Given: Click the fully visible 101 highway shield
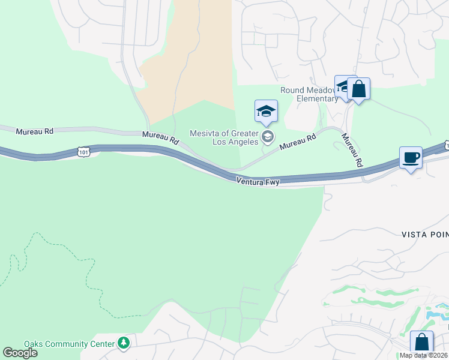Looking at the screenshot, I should pos(83,152).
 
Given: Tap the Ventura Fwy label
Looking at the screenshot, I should pos(258,180).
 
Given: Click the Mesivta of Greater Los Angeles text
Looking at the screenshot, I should pos(224,137).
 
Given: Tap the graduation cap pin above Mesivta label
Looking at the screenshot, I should pos(266,112).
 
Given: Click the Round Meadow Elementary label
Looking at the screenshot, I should pos(310,95).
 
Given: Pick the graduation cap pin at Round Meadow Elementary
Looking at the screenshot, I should pos(345,86).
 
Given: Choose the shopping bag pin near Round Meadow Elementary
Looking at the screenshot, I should pos(358,89).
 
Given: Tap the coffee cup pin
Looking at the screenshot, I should pos(411,158).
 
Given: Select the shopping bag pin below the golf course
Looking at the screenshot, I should pos(421,343).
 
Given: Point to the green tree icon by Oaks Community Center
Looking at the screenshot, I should pos(124,343).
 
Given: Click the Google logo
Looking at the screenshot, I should pos(20,353).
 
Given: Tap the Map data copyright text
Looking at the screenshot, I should pos(424,355).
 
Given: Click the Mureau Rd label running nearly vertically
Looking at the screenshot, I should pos(352,149).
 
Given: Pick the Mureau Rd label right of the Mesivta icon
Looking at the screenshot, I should pos(298,142).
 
